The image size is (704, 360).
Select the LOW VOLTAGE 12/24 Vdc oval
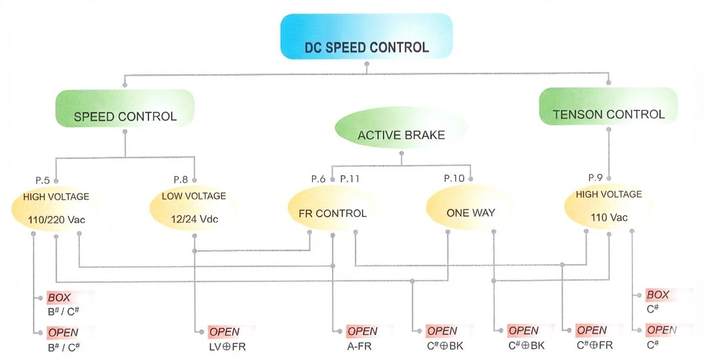tap(194, 207)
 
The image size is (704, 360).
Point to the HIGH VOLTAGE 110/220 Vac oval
tap(56, 207)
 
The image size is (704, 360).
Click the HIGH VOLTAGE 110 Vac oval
tap(609, 205)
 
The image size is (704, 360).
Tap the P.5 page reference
tap(43, 180)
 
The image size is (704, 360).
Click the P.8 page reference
tap(180, 180)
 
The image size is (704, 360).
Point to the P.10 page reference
tap(454, 179)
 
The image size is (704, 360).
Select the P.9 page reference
tap(595, 178)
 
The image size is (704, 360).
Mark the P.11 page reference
tap(350, 179)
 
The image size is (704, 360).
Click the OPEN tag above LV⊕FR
tap(225, 332)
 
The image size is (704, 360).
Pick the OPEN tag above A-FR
tap(363, 331)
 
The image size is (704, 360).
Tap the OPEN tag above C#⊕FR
tap(592, 330)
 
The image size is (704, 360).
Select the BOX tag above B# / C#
tap(59, 297)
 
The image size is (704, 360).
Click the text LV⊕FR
tap(225, 347)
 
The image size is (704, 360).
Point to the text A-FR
tap(359, 346)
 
